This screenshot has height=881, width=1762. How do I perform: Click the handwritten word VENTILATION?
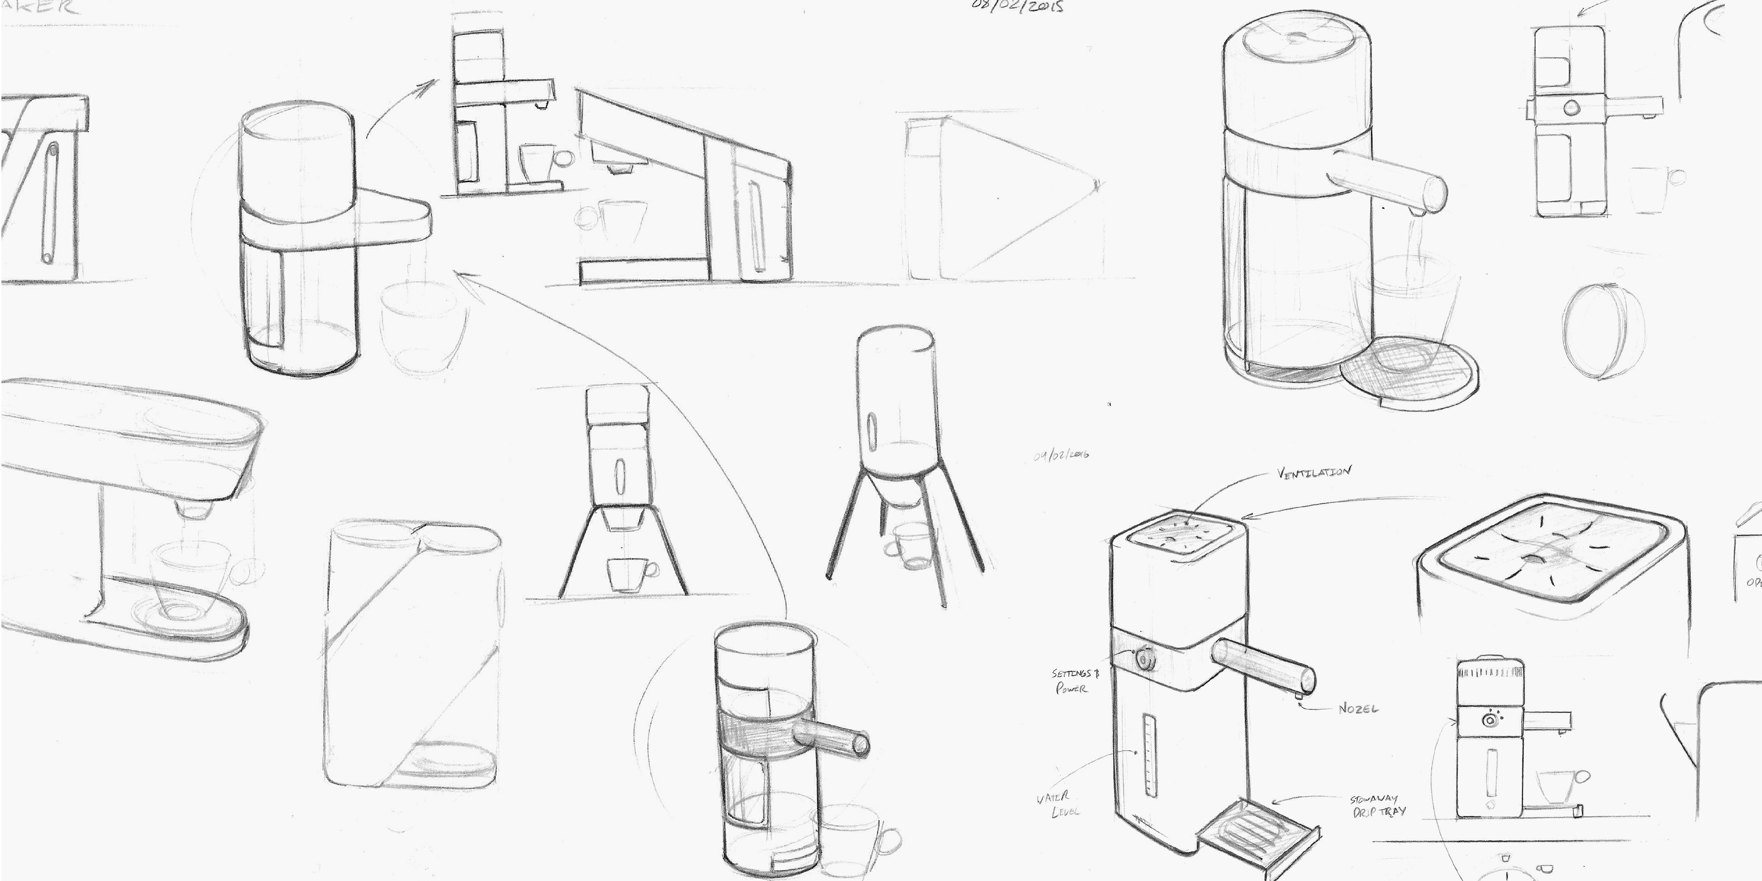point(1313,473)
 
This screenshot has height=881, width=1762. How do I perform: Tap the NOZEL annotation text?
point(1358,708)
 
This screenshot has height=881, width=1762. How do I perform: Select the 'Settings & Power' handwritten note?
point(1075,681)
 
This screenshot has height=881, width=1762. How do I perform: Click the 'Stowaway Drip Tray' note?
point(1377,805)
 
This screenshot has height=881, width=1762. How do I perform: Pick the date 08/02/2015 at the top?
point(1018,7)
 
